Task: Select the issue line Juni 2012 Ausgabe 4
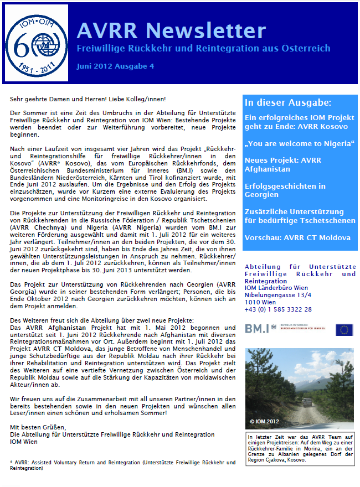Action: (x=115, y=66)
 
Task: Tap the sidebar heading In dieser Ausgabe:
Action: (x=288, y=102)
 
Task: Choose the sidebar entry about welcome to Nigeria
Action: (x=299, y=144)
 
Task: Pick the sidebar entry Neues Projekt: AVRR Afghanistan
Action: (x=283, y=164)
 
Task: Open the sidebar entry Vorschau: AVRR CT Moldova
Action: (x=297, y=237)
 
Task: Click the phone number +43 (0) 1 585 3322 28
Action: (x=278, y=309)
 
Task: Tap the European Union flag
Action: (x=344, y=329)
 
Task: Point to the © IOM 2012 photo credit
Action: (x=266, y=421)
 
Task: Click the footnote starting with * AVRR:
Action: (x=122, y=465)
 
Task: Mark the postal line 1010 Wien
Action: (x=260, y=302)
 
